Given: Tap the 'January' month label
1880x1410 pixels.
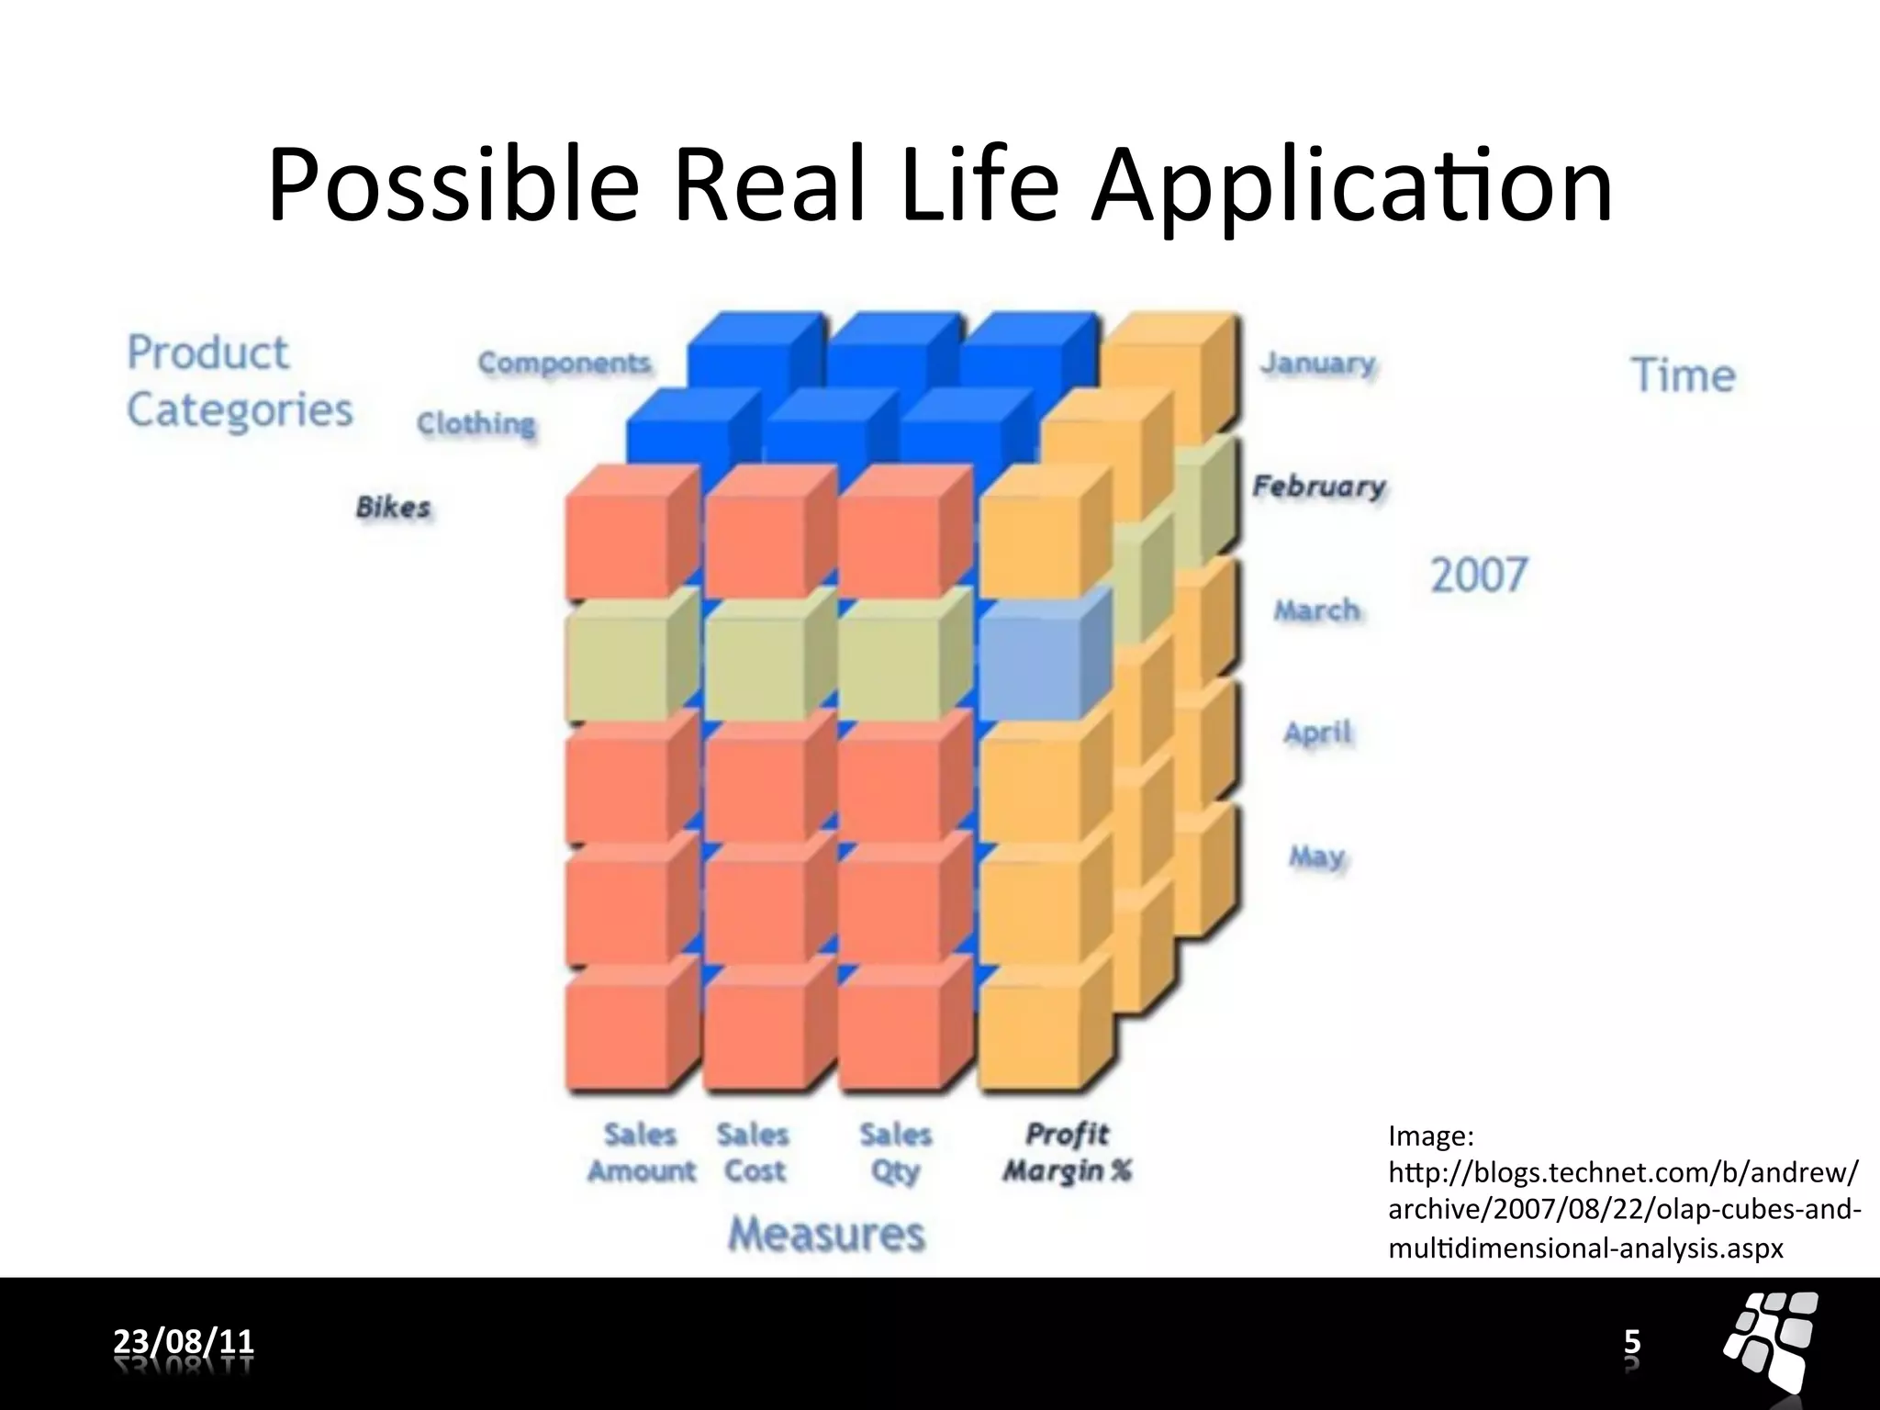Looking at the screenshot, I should pyautogui.click(x=1318, y=364).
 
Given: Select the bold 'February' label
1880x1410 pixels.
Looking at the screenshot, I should pyautogui.click(x=1319, y=486).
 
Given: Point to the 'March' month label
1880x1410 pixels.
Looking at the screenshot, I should pyautogui.click(x=1316, y=610).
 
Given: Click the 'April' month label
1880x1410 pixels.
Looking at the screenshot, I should pyautogui.click(x=1318, y=733).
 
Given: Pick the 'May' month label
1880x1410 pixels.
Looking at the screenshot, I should pyautogui.click(x=1316, y=856).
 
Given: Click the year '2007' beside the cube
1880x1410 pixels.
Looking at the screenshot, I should pyautogui.click(x=1479, y=576).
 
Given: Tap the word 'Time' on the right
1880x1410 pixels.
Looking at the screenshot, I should pyautogui.click(x=1683, y=375).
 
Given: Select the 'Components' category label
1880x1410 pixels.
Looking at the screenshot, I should pyautogui.click(x=565, y=363).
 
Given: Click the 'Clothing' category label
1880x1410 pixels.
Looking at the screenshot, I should pyautogui.click(x=476, y=423).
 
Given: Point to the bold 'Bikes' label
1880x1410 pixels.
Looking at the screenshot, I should pyautogui.click(x=393, y=507).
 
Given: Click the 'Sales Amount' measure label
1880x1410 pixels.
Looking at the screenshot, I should pyautogui.click(x=641, y=1153).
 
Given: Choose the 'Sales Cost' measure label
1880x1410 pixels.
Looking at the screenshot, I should pyautogui.click(x=754, y=1153).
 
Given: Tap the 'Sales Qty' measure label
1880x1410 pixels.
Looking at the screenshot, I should pyautogui.click(x=896, y=1153).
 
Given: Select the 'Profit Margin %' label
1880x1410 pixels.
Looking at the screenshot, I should pyautogui.click(x=1067, y=1153).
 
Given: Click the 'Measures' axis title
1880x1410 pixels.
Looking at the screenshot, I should pyautogui.click(x=826, y=1234).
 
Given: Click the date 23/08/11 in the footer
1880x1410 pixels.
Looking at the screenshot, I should pyautogui.click(x=184, y=1341).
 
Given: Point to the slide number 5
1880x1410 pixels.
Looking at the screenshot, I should pyautogui.click(x=1632, y=1342).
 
